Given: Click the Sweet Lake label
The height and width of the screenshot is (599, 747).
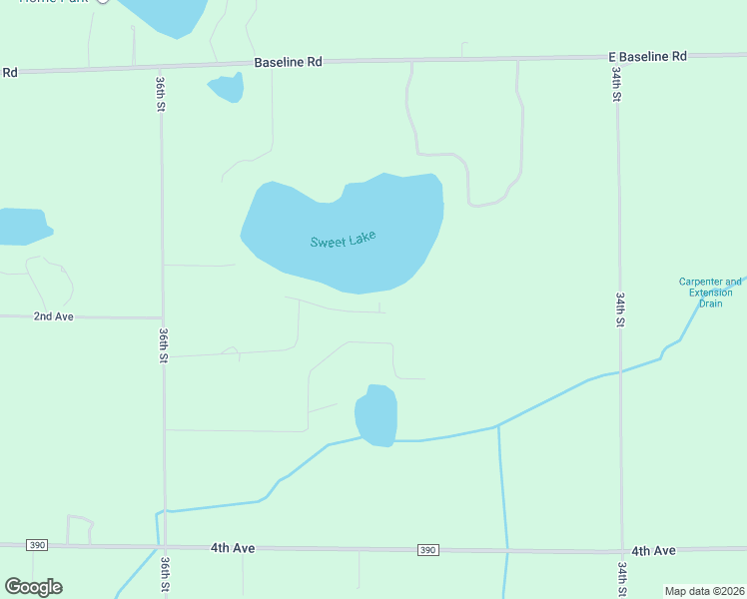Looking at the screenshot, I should point(343,241).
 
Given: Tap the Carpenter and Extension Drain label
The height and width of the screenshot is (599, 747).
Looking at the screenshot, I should point(710,293).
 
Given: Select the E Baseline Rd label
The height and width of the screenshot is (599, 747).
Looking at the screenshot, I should point(648,57).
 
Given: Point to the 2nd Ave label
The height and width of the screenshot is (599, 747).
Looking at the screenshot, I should point(54,316).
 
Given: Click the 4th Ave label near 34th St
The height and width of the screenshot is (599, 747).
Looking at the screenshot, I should point(653,551).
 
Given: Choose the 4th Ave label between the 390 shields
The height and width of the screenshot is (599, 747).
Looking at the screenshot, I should point(234,548).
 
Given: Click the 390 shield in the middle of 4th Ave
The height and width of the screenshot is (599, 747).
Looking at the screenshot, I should point(427,550).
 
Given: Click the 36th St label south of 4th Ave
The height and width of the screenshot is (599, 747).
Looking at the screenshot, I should point(164,577).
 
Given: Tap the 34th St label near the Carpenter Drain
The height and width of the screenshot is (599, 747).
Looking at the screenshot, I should point(620,309).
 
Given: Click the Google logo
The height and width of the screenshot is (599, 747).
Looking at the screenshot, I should point(33,587).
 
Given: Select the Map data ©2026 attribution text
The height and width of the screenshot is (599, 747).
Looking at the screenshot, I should point(704,591).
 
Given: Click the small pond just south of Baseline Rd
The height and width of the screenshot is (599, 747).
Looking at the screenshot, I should point(228,88).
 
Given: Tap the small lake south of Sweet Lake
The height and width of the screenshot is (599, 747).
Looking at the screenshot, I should point(376,415).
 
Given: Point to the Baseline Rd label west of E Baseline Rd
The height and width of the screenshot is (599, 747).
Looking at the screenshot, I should point(288,62).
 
